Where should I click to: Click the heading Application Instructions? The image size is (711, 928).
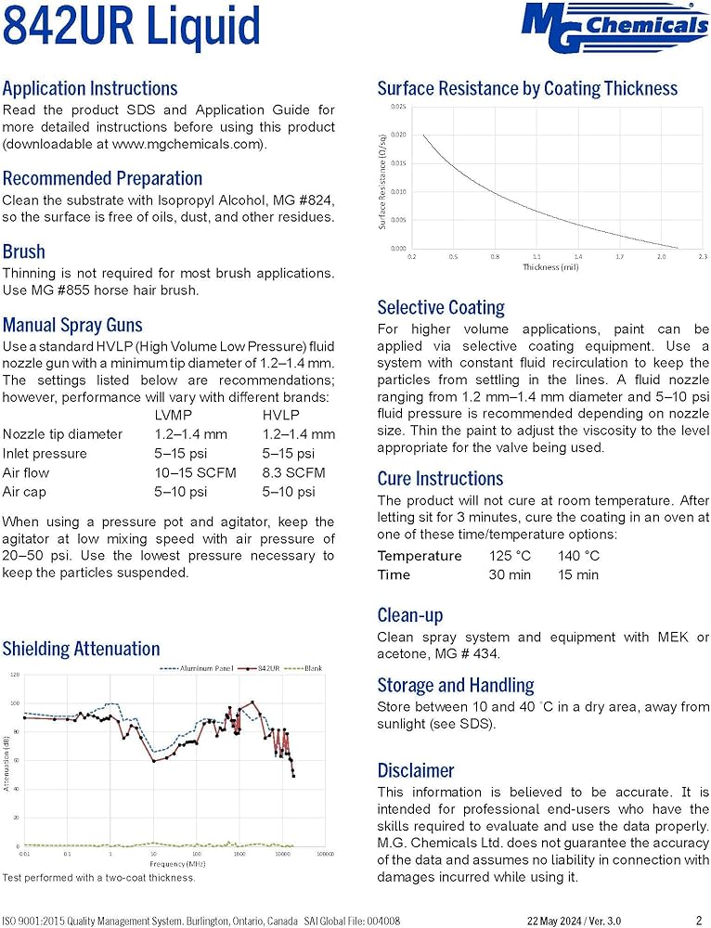pyautogui.click(x=90, y=89)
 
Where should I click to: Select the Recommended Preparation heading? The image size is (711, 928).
pyautogui.click(x=102, y=178)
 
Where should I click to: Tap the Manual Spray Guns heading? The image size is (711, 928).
pyautogui.click(x=72, y=325)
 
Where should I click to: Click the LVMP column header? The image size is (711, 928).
pyautogui.click(x=175, y=415)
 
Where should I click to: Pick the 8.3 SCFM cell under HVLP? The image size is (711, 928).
pyautogui.click(x=294, y=472)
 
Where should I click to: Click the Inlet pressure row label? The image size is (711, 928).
pyautogui.click(x=45, y=454)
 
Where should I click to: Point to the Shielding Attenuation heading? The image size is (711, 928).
pyautogui.click(x=81, y=649)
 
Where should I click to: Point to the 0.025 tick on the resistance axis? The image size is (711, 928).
pyautogui.click(x=398, y=107)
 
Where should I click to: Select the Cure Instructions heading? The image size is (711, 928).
pyautogui.click(x=440, y=479)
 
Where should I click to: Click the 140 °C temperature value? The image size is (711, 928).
pyautogui.click(x=578, y=556)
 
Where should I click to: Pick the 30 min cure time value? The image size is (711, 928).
pyautogui.click(x=510, y=575)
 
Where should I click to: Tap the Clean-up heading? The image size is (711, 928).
pyautogui.click(x=409, y=615)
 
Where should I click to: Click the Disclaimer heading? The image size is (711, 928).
pyautogui.click(x=416, y=770)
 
